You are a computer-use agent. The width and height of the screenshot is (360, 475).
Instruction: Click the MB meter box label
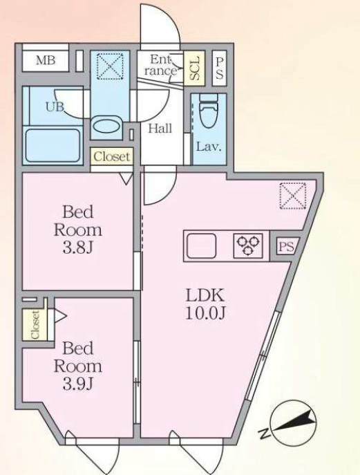pyautogui.click(x=46, y=60)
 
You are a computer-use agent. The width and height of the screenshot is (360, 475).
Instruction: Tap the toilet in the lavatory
pyautogui.click(x=209, y=111)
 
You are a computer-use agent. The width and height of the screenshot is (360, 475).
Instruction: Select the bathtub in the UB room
pyautogui.click(x=53, y=145)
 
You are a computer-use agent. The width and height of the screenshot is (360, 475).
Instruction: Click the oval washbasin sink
pyautogui.click(x=106, y=127)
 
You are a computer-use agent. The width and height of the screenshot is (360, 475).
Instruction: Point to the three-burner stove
pyautogui.click(x=248, y=245)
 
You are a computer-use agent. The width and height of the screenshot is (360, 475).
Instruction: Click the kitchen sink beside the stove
pyautogui.click(x=201, y=245)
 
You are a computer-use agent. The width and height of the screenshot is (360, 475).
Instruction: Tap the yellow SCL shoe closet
pyautogui.click(x=194, y=68)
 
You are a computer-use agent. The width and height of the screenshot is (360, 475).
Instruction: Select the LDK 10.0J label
pyautogui.click(x=205, y=304)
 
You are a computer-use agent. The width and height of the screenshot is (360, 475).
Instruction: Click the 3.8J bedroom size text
pyautogui.click(x=77, y=248)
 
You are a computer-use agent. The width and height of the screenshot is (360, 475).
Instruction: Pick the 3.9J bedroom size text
pyautogui.click(x=77, y=384)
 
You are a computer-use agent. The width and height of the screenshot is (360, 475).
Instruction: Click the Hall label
pyautogui.click(x=160, y=129)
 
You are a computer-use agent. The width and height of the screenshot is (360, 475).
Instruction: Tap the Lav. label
pyautogui.click(x=209, y=147)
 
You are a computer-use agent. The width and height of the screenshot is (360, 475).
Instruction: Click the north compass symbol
pyautogui.click(x=292, y=423)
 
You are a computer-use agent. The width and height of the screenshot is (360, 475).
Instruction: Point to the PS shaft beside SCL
pyautogui.click(x=220, y=68)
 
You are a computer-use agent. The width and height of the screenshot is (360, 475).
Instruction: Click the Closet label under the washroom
pyautogui.click(x=112, y=157)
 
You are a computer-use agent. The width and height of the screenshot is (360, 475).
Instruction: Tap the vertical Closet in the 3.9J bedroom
pyautogui.click(x=35, y=324)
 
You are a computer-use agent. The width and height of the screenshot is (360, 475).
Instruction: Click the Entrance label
pyautogui.click(x=160, y=65)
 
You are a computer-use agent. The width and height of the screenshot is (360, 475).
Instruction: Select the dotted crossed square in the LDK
pyautogui.click(x=292, y=196)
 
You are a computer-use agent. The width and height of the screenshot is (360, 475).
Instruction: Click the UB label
pyautogui.click(x=55, y=106)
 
